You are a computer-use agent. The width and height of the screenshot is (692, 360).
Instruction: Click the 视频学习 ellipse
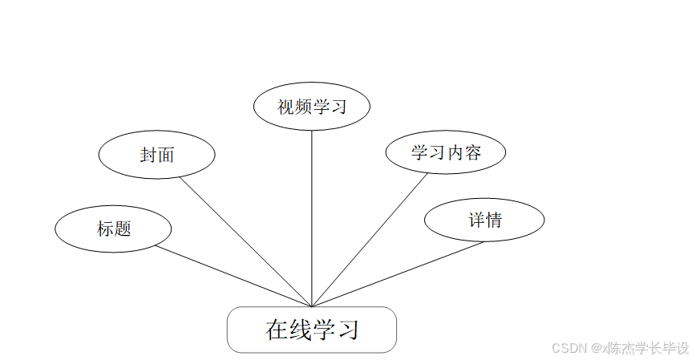click(x=311, y=107)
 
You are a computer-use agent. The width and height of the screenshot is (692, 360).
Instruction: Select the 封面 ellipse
click(x=156, y=155)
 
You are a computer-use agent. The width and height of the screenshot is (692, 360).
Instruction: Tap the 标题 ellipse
click(x=113, y=229)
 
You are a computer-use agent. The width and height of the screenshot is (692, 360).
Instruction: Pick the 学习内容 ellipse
click(x=445, y=152)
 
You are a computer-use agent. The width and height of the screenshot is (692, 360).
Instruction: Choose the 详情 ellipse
click(x=484, y=220)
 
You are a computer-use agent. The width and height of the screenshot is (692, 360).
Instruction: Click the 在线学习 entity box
click(x=311, y=330)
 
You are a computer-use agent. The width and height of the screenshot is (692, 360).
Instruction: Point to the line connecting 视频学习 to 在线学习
click(x=311, y=216)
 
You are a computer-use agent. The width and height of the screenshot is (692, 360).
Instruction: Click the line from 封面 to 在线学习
click(x=245, y=241)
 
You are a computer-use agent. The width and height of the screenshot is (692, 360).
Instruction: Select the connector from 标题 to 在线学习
click(x=233, y=276)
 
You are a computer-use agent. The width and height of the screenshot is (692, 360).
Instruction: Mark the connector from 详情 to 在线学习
click(x=398, y=274)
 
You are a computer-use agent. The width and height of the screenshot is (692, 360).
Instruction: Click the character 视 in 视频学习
click(x=285, y=107)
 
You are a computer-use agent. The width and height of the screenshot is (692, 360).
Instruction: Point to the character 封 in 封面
click(x=148, y=155)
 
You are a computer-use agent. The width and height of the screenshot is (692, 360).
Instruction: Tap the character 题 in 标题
click(x=122, y=229)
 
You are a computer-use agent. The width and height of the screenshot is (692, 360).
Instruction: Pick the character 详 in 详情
click(x=476, y=220)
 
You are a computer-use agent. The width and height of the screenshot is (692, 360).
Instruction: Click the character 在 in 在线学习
click(x=277, y=330)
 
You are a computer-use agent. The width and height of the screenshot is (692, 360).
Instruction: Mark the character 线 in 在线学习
click(x=300, y=330)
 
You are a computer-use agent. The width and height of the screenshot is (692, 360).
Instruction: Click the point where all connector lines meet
click(x=311, y=306)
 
